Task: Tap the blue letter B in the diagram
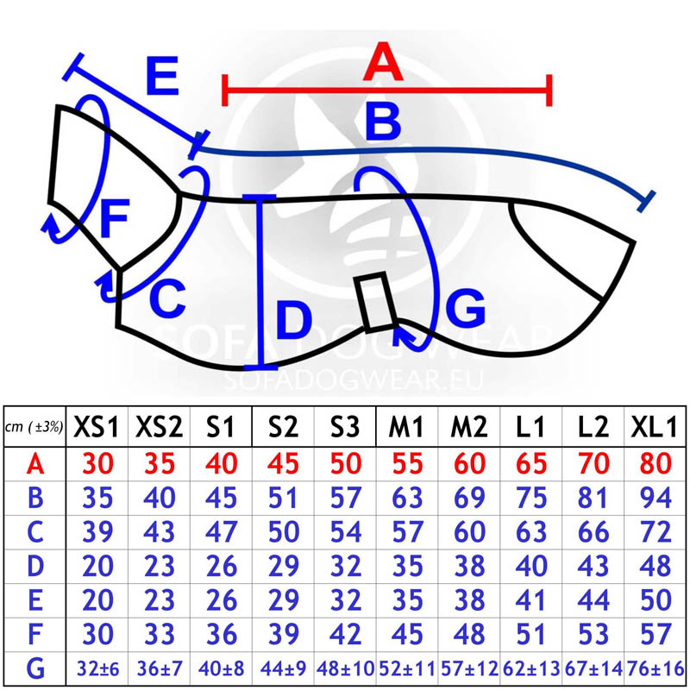click(383, 122)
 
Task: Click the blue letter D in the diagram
click(293, 321)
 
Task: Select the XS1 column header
click(97, 426)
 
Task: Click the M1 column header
click(405, 426)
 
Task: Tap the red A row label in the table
click(34, 464)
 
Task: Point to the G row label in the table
click(34, 668)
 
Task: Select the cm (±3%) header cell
click(34, 428)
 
